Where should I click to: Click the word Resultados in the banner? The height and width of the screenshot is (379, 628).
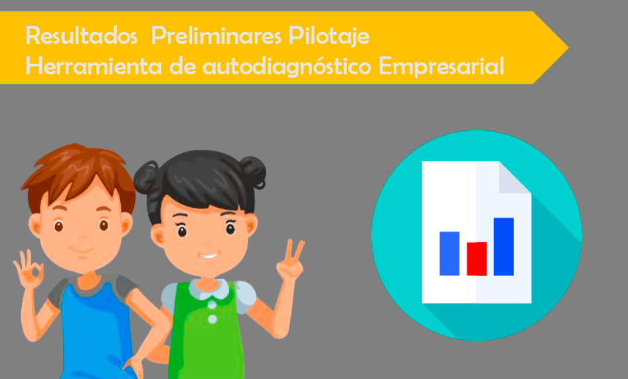81,35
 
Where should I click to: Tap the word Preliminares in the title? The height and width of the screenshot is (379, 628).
216,35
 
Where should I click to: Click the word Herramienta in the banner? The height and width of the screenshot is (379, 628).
94,66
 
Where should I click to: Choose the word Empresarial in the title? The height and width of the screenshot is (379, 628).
441,67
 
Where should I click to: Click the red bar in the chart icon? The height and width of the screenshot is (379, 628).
477,259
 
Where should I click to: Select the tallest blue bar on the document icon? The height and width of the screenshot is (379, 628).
503,246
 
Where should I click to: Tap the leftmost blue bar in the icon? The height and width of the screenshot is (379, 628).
449,254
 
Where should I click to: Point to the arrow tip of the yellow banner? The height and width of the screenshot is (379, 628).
568,48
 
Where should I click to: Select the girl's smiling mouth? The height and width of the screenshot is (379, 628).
208,255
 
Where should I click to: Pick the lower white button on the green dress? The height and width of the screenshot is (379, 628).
212,319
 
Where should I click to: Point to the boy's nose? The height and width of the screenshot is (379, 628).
83,238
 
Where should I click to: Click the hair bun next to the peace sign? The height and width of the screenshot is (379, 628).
253,172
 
